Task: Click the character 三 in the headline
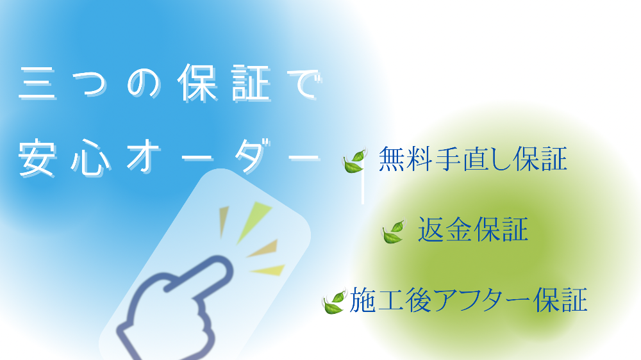click(38, 83)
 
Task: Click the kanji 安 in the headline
click(37, 158)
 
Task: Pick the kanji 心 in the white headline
click(91, 158)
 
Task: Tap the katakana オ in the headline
click(144, 156)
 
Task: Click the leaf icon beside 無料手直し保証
click(354, 161)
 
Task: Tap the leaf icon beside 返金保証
click(394, 232)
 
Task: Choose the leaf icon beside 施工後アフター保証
click(335, 302)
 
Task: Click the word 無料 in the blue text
click(406, 159)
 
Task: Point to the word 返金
click(445, 230)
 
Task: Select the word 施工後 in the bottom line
click(390, 300)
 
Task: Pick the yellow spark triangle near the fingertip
click(269, 270)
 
